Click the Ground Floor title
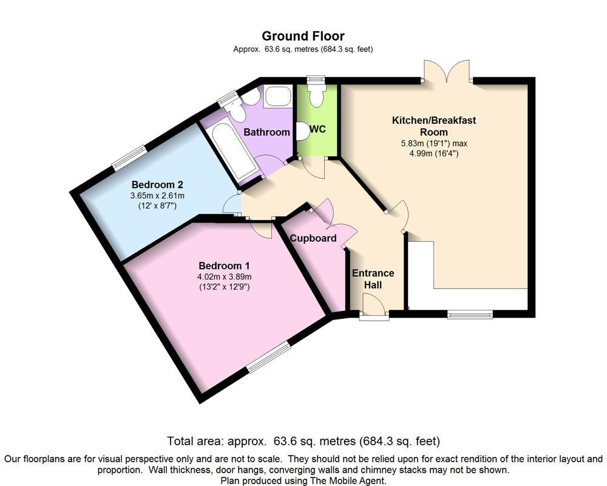pyautogui.click(x=303, y=36)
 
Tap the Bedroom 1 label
pyautogui.click(x=224, y=265)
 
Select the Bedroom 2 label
pyautogui.click(x=157, y=185)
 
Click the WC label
pyautogui.click(x=318, y=129)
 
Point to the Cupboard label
pyautogui.click(x=313, y=238)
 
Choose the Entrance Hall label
pyautogui.click(x=373, y=279)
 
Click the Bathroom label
pyautogui.click(x=266, y=132)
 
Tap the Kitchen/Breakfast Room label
pyautogui.click(x=433, y=126)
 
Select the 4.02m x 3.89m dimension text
pyautogui.click(x=224, y=276)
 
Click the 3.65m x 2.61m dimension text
pyautogui.click(x=157, y=196)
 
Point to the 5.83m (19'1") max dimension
pyautogui.click(x=433, y=143)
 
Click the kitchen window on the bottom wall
pyautogui.click(x=470, y=314)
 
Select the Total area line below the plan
pyautogui.click(x=303, y=441)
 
